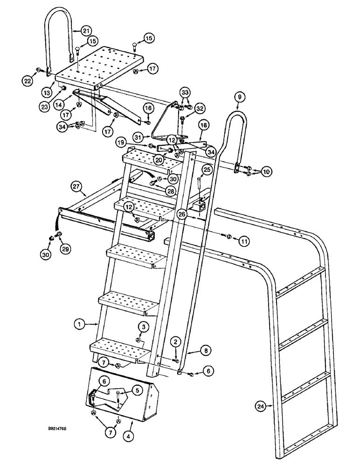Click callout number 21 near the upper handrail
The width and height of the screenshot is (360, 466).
[x=85, y=31]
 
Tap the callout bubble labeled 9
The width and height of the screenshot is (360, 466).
[x=239, y=97]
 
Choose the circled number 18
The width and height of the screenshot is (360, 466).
[x=203, y=126]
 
